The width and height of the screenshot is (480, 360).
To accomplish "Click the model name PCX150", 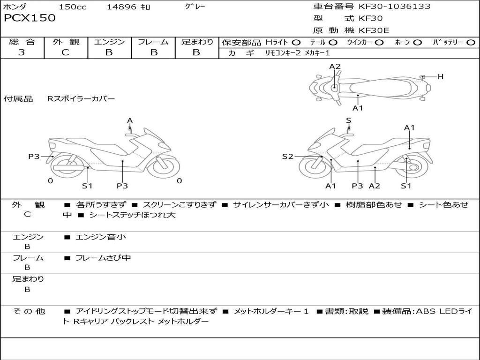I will (30, 18).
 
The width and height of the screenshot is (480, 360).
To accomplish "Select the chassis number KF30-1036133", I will (394, 7).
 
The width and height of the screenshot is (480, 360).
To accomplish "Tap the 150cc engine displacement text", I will (73, 7).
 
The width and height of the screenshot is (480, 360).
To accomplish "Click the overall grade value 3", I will (22, 52).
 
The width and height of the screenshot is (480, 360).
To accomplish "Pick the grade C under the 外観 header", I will (65, 52).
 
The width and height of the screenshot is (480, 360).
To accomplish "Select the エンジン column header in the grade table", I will (109, 42).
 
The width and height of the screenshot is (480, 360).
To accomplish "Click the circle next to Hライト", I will (296, 43).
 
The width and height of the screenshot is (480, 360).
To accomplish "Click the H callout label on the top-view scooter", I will (440, 76).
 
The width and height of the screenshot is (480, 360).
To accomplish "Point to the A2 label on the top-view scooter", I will (335, 67).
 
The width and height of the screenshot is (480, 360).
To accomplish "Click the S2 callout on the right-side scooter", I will (287, 157).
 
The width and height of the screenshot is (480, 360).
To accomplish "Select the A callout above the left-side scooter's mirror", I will (130, 120).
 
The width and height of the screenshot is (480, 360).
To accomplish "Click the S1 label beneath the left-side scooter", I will (87, 186).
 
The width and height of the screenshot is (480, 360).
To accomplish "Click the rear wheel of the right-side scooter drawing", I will (413, 166).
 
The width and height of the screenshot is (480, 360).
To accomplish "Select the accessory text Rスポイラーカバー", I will (81, 99).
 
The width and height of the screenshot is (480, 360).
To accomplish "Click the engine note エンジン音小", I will (101, 237).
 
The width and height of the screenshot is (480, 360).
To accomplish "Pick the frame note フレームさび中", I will (103, 258).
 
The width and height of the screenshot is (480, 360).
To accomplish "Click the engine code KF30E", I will (374, 30).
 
